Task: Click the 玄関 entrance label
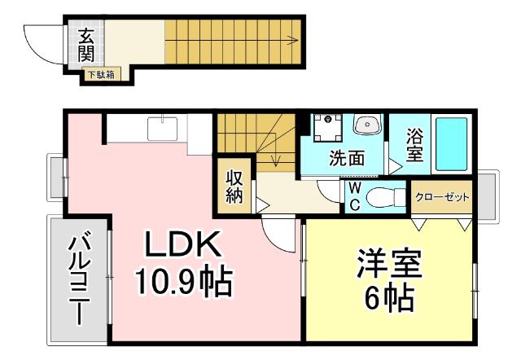coord(86,46)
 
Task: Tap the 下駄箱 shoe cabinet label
coord(102,75)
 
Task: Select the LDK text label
coord(182,245)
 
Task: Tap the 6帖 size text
coord(387,300)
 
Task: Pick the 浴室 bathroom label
coord(414,144)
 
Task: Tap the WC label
coord(355,196)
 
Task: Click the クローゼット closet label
coord(442,197)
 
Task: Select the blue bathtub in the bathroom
coord(451,143)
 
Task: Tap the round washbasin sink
coord(367,126)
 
